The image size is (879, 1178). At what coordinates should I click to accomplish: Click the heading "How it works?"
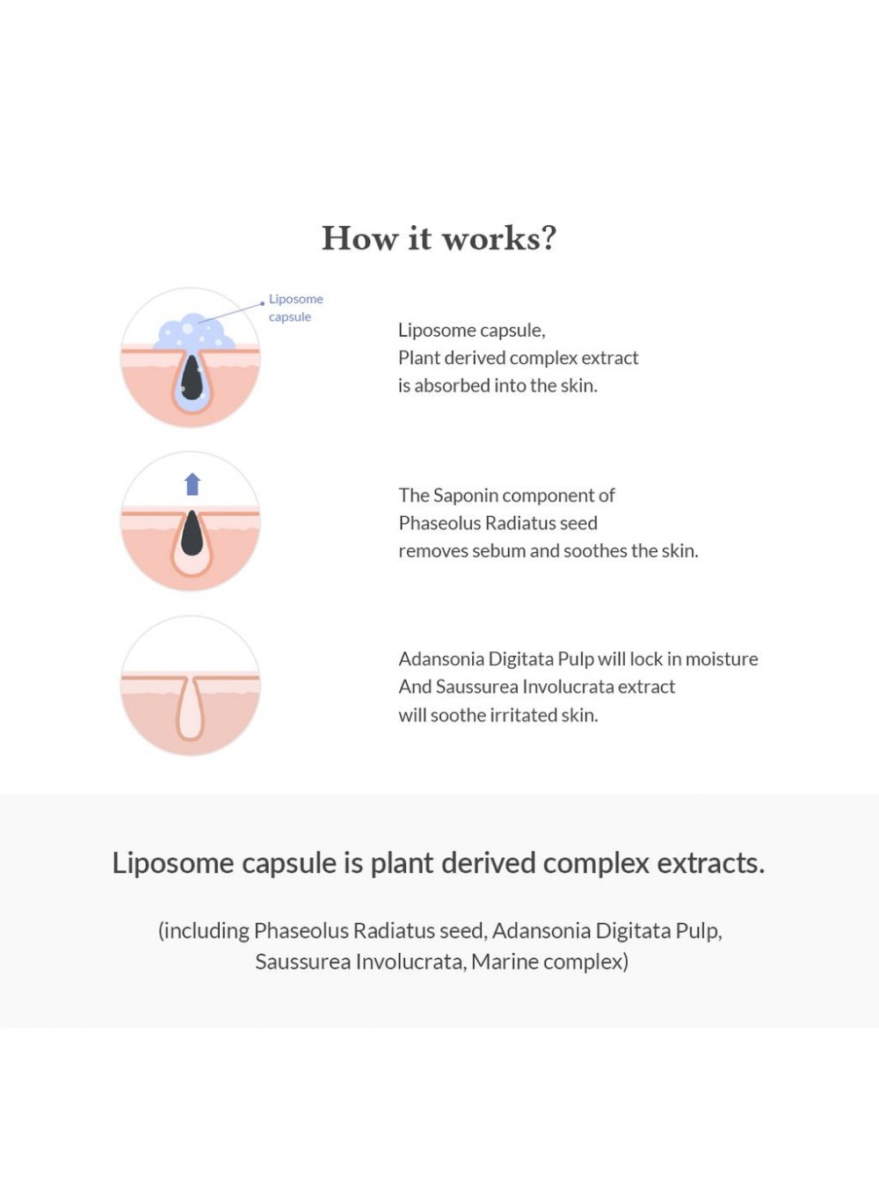click(x=439, y=238)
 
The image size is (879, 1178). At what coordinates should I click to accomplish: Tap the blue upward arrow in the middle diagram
click(x=193, y=484)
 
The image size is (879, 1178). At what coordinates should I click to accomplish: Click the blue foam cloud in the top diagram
click(x=194, y=333)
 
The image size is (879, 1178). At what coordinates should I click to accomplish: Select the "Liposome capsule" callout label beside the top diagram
click(x=295, y=308)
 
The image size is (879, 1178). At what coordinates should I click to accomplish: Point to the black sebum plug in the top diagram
click(x=192, y=379)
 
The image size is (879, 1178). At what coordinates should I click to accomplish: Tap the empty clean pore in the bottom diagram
click(x=190, y=709)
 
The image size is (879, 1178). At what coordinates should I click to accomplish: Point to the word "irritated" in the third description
click(x=515, y=716)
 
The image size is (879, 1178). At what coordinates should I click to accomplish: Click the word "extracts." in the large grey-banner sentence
click(x=711, y=863)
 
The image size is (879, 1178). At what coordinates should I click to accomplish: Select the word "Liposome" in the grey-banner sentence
click(x=173, y=863)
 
